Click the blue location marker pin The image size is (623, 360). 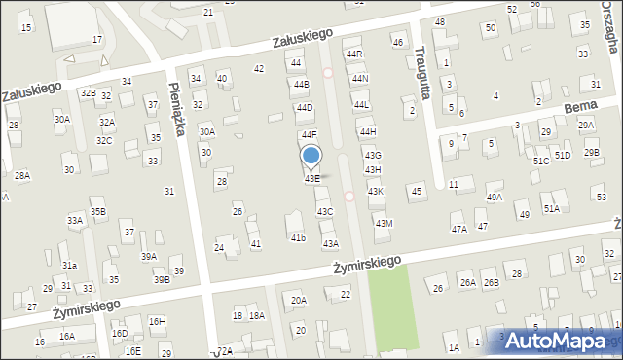(311, 157)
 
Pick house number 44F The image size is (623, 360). (309, 134)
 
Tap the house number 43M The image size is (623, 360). (384, 224)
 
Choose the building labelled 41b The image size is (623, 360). (298, 237)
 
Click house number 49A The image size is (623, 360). (495, 198)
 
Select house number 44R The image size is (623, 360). (354, 54)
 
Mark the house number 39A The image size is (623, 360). (148, 257)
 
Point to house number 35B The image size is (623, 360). (97, 211)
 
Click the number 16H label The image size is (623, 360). (157, 321)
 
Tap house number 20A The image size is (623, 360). (298, 301)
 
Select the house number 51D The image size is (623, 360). (563, 155)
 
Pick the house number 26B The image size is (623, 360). (492, 283)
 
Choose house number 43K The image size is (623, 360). (375, 192)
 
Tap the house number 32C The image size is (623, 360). (103, 140)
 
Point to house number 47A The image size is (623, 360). (458, 230)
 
